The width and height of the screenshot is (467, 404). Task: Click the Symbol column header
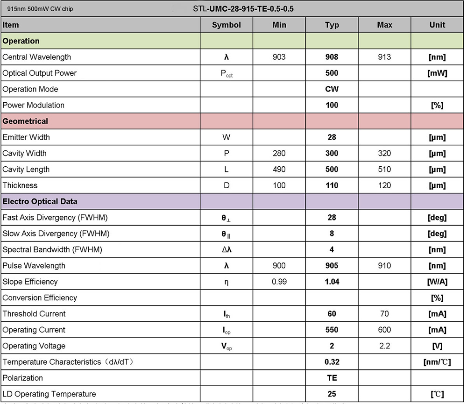(226, 25)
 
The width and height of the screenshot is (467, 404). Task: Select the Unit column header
(437, 25)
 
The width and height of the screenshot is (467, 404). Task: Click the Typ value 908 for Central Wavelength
(332, 57)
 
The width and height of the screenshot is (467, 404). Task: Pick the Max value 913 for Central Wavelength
(384, 57)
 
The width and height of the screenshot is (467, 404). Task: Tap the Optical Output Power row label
(40, 73)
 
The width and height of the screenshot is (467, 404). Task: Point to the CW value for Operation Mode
(332, 89)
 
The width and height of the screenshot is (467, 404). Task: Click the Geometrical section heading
(25, 121)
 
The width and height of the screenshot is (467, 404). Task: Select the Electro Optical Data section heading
(40, 202)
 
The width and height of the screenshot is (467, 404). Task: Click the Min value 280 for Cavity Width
(279, 154)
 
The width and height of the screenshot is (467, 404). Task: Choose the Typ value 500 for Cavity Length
(332, 170)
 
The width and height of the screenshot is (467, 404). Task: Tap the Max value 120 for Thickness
(384, 185)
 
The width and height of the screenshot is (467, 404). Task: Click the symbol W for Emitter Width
(226, 137)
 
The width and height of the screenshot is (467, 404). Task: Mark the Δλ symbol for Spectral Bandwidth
(226, 250)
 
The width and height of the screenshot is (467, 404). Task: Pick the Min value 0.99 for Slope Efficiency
(279, 282)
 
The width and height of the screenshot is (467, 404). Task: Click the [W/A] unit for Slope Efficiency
(437, 282)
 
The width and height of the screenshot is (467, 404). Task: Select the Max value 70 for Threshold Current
(384, 314)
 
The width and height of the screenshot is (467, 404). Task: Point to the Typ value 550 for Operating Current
(332, 330)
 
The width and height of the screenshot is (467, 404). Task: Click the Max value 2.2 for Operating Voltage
(384, 346)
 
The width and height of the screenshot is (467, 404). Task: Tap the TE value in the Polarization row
(332, 378)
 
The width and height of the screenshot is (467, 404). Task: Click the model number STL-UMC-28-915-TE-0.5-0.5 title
(243, 8)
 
